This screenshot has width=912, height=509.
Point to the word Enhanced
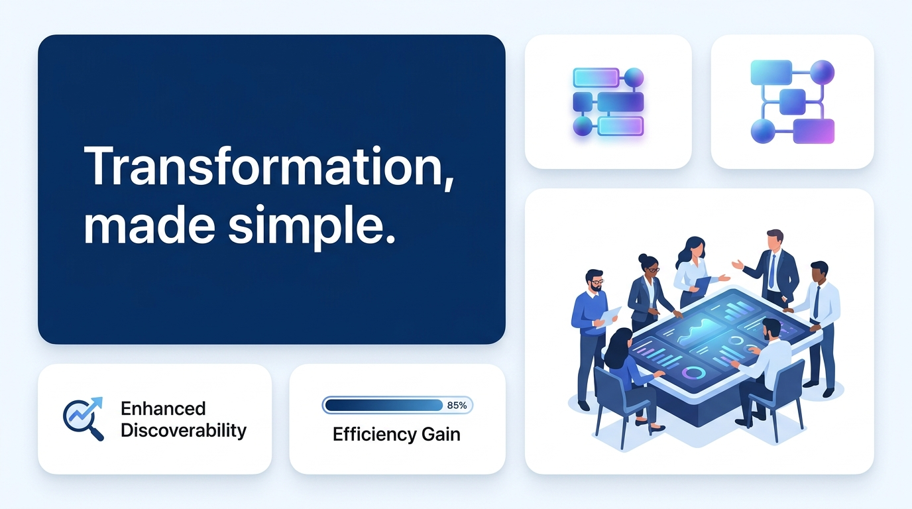163,408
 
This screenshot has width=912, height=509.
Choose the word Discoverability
184,431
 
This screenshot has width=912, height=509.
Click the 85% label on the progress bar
457,405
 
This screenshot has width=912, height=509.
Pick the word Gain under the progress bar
440,435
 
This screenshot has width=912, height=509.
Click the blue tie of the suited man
772,268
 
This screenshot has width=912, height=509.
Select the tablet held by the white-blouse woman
702,284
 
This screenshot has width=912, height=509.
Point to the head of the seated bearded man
771,329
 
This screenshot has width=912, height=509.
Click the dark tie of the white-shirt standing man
817,301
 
